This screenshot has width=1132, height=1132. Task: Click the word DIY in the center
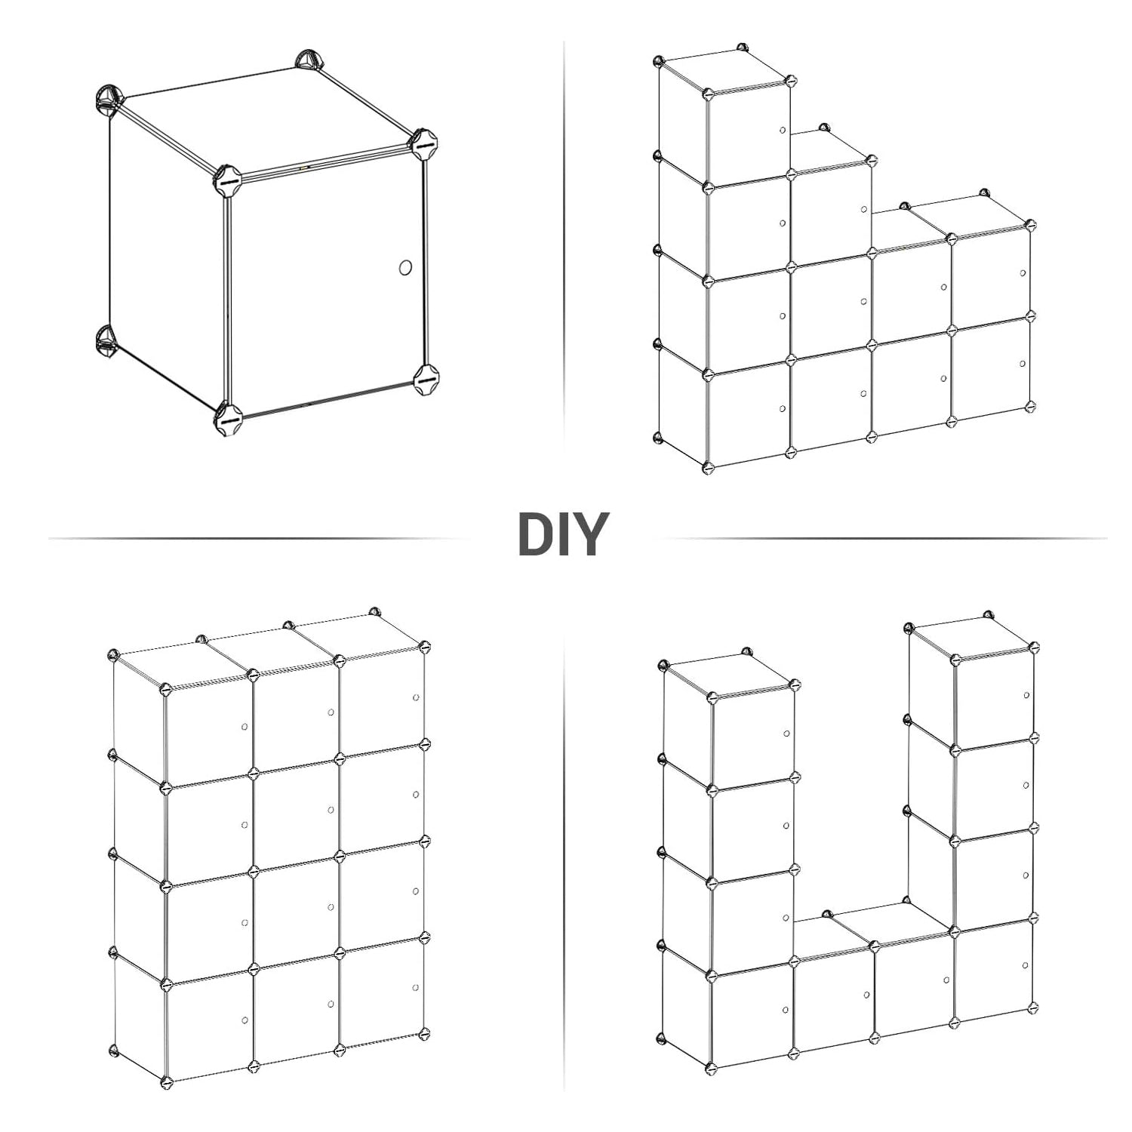[563, 534]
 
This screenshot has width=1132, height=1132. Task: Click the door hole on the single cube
[405, 268]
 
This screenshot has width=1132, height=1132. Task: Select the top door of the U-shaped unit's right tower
[995, 696]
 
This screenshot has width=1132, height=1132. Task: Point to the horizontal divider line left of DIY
[257, 538]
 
